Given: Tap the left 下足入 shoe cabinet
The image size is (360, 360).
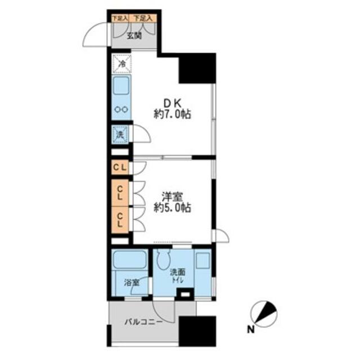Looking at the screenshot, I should [119, 18].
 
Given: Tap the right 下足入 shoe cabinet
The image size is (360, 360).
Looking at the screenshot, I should [143, 18].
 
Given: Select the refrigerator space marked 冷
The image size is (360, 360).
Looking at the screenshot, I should [121, 64].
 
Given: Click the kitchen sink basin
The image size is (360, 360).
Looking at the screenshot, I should [121, 87].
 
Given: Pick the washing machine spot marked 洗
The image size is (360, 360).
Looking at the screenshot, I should [120, 134].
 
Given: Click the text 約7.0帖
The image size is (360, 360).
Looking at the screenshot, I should [173, 114].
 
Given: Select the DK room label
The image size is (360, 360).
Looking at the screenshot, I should [172, 102].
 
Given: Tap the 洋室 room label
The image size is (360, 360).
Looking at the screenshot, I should [173, 196].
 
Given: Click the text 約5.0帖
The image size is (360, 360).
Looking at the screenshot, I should [173, 208].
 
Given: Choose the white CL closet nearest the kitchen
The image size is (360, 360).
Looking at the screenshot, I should [120, 167].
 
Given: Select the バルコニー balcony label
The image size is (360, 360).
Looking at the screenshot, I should [143, 323].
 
